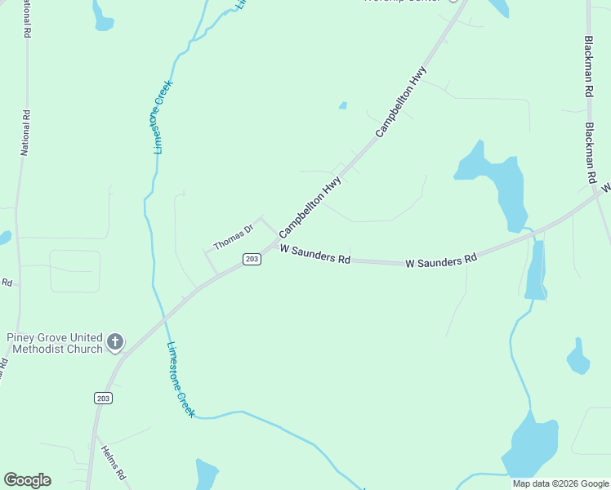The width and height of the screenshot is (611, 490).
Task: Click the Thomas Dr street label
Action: point(234,237)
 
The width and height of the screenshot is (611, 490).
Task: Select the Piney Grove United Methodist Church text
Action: point(55,343)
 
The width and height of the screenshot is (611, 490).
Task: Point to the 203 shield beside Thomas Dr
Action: point(252,259)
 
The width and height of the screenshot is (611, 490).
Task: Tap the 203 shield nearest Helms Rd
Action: point(103,398)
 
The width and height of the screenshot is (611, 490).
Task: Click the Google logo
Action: point(27,480)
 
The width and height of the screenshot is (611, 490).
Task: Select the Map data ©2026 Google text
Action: point(560,483)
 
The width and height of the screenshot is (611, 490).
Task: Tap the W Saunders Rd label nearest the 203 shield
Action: point(314,256)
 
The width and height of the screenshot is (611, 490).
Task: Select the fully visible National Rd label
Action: point(25,133)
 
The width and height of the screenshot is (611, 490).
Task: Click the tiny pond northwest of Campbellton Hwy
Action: point(343,105)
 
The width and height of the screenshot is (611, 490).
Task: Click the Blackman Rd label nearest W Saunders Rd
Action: point(591,154)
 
